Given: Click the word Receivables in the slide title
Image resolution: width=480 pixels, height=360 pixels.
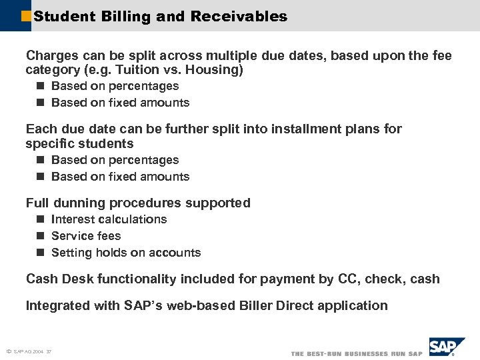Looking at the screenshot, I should (239, 16).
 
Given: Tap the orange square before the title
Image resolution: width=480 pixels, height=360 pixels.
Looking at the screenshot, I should (27, 15).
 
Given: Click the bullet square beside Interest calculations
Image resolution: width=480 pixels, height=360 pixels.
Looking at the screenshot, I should (40, 219).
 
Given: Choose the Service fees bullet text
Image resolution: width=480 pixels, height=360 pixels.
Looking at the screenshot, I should (86, 236).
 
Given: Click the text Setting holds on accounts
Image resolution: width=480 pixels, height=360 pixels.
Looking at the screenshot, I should (126, 253).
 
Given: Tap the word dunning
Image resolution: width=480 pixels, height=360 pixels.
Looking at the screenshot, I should (80, 203).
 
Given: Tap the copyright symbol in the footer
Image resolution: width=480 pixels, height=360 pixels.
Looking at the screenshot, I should (8, 351).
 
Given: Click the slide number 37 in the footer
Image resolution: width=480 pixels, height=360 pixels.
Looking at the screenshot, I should (49, 351).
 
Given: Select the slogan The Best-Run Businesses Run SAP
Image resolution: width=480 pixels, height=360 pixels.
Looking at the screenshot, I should (357, 353).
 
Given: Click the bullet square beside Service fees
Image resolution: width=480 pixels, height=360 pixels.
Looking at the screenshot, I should (40, 236).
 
